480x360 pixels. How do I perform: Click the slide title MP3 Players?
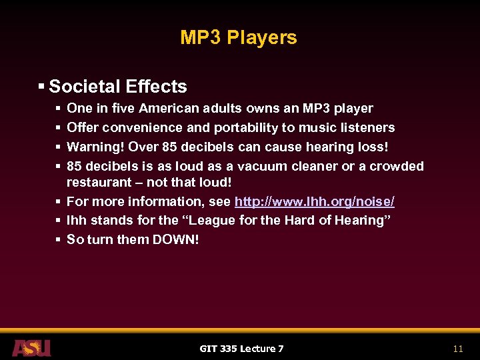[x=239, y=38]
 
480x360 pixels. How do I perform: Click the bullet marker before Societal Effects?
[x=42, y=87]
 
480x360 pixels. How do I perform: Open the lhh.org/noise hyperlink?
[x=314, y=201]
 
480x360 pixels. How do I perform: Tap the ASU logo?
[x=31, y=347]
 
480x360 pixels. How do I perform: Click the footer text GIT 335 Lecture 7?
[x=241, y=349]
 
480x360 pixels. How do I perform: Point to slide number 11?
[x=457, y=349]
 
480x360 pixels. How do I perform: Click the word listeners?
[x=367, y=127]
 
